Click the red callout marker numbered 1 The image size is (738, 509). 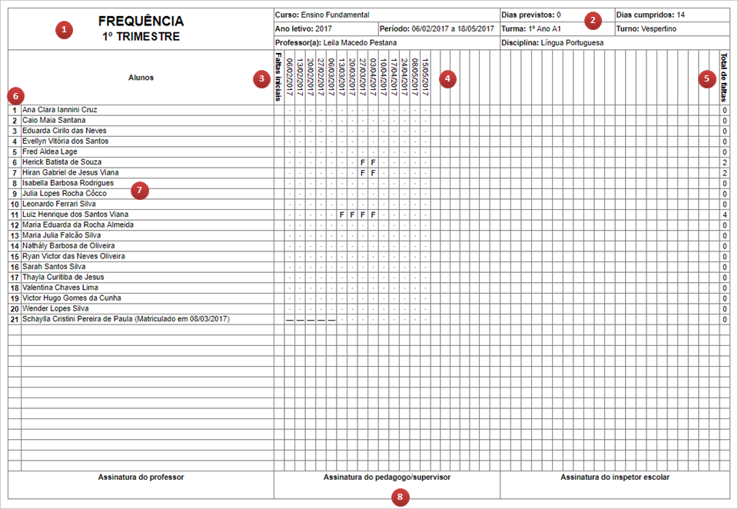point(65,30)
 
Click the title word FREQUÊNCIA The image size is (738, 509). point(141,22)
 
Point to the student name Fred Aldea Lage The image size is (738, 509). point(49,151)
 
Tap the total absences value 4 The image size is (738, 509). point(725,215)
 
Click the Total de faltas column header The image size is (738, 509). point(724,77)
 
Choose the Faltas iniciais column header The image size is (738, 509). point(278,77)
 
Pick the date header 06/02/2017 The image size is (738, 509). point(289,76)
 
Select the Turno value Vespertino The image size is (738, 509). point(658,28)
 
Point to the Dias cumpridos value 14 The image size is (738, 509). point(681,15)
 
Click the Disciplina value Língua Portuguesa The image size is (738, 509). point(572,43)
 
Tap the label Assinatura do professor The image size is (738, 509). point(141,477)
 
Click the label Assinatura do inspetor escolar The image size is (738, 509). point(615,477)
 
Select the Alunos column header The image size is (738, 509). point(141,77)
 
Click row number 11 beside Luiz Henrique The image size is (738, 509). point(15,215)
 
